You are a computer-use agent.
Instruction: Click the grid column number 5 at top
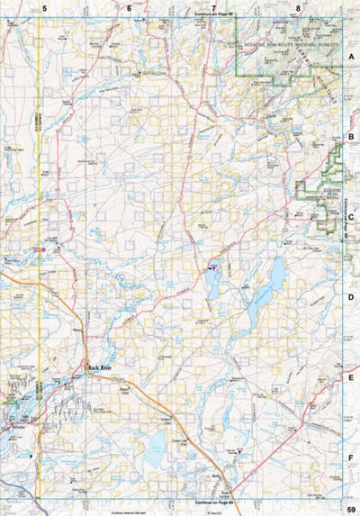pyautogui.click(x=44, y=7)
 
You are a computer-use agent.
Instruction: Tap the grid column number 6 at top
pyautogui.click(x=129, y=7)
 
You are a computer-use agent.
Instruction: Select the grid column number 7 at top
pyautogui.click(x=213, y=7)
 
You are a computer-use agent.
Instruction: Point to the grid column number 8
pyautogui.click(x=298, y=7)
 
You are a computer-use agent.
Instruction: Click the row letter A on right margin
pyautogui.click(x=352, y=55)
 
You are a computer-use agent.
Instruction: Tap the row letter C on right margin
pyautogui.click(x=352, y=216)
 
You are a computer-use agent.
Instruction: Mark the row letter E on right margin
pyautogui.click(x=352, y=377)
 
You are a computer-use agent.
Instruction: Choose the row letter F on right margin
pyautogui.click(x=352, y=457)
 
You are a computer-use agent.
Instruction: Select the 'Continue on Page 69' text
pyautogui.click(x=213, y=498)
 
